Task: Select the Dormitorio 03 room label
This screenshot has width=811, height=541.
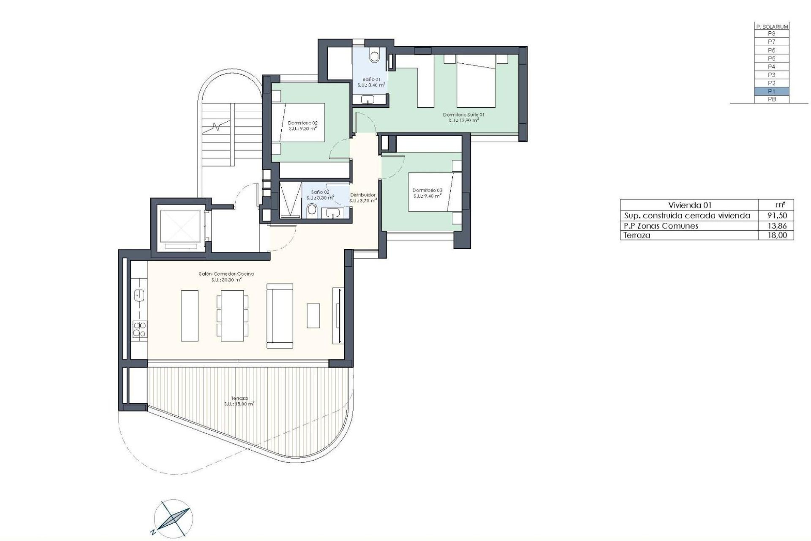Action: click(x=427, y=191)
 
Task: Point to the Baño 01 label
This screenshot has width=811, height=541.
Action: click(x=372, y=79)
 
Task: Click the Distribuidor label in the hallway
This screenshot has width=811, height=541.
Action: click(x=363, y=195)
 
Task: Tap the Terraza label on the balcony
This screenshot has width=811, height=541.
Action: click(x=239, y=398)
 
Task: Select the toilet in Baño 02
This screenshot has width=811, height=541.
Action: click(x=312, y=210)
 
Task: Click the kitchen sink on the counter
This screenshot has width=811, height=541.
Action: click(x=139, y=295)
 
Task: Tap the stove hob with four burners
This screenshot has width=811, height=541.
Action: click(x=140, y=329)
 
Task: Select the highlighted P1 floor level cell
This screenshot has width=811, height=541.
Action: click(x=772, y=91)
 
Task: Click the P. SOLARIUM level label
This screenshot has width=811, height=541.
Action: click(x=772, y=27)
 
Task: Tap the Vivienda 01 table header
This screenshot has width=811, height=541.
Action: click(x=692, y=205)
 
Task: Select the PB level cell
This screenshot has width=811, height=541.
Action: click(x=772, y=100)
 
